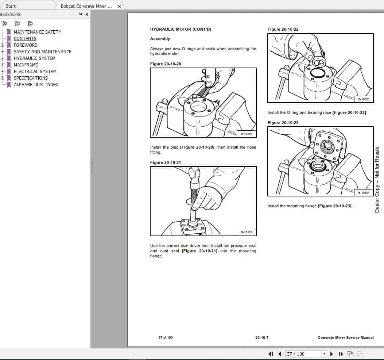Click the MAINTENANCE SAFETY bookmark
(37, 32)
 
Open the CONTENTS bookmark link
(25, 38)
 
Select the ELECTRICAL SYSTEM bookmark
(35, 71)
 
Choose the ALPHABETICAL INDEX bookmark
(36, 84)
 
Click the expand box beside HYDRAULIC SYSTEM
(3, 58)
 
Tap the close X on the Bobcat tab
(119, 6)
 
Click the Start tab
(11, 6)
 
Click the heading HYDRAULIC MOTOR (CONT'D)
(181, 29)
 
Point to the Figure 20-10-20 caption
(166, 64)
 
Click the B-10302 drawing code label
(246, 134)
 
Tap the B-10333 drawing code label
(246, 232)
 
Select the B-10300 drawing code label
(364, 99)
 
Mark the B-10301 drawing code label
(364, 193)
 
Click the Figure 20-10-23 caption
(283, 123)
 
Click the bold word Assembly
(160, 39)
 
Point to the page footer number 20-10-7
(262, 337)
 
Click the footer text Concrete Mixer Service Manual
(345, 337)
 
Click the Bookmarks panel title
(11, 14)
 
